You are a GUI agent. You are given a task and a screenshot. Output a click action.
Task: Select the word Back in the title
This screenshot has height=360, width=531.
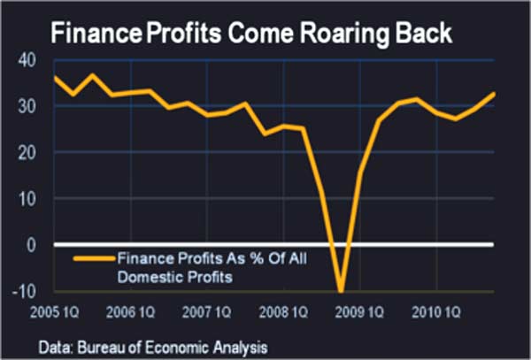420,34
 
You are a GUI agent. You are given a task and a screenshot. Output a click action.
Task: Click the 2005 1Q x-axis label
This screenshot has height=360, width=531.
58,311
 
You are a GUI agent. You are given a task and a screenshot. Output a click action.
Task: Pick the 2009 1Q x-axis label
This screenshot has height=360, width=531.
364,311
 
